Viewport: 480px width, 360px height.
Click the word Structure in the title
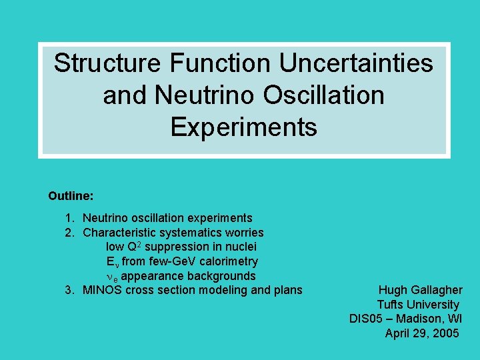(108, 63)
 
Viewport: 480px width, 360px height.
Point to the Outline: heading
(71, 197)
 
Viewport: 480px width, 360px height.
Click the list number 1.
(69, 218)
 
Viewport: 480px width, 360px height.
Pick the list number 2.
(69, 233)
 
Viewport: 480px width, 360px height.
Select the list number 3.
(69, 290)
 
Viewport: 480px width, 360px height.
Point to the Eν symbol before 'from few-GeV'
(112, 262)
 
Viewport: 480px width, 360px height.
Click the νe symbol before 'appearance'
(112, 276)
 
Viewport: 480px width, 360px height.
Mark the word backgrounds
(225, 276)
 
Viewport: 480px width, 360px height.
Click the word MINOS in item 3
(102, 290)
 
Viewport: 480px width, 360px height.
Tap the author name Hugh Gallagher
(420, 290)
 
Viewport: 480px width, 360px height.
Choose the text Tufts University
(418, 305)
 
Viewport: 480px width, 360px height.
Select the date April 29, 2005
(422, 333)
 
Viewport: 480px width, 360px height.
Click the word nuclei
(239, 247)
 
